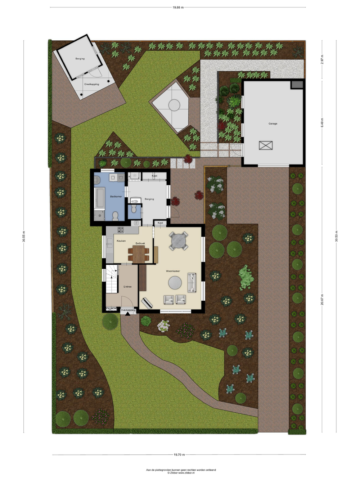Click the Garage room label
pos(273,124)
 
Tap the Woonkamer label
pos(173,271)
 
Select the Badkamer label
pos(116,196)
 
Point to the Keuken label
pos(121,241)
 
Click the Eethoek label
pos(140,243)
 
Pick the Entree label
pos(127,287)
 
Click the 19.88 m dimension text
pos(178,8)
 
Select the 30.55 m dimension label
pos(24,236)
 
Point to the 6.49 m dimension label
pos(322,123)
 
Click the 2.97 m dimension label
pos(322,59)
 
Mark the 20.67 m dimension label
pos(322,300)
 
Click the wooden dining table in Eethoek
pos(139,254)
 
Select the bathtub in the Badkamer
pos(100,198)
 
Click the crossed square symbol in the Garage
pos(266,145)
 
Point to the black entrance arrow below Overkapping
pos(128,314)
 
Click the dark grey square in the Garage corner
pos(297,85)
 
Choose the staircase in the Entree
pos(112,279)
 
